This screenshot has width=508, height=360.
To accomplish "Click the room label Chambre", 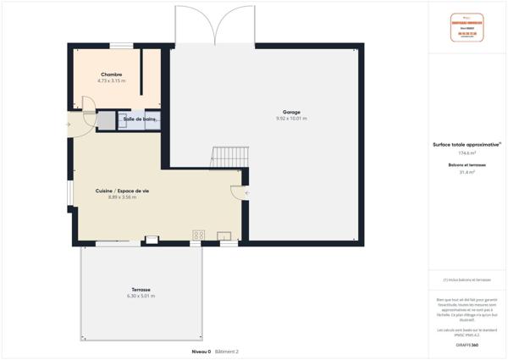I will tap(112, 75).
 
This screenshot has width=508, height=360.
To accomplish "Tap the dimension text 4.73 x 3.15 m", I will tap(112, 81).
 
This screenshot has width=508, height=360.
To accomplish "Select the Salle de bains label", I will tap(141, 119).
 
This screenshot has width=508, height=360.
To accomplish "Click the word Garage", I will tap(291, 113).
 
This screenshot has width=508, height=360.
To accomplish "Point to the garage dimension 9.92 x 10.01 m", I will tap(291, 119).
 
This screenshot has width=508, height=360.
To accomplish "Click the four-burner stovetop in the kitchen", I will tap(199, 235).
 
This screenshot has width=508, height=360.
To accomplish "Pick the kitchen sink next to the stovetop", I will tap(225, 235).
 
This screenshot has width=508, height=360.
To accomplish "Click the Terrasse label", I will tap(141, 290).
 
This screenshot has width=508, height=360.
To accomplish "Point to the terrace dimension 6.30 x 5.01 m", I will tap(141, 296).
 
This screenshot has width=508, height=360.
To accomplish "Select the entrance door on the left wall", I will tap(70, 124).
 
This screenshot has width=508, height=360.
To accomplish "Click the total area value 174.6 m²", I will tap(467, 153).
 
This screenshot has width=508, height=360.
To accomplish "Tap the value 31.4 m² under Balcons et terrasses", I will tap(467, 172).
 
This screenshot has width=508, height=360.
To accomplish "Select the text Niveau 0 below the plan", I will tap(201, 351).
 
